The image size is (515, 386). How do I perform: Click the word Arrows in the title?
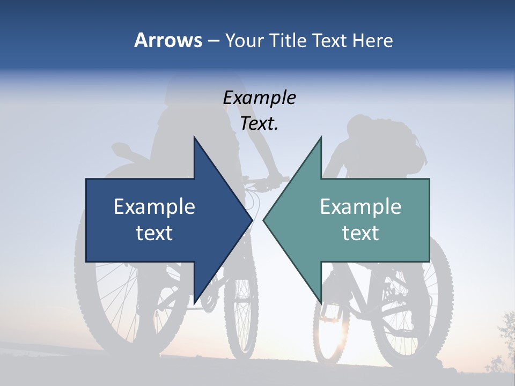tap(168, 40)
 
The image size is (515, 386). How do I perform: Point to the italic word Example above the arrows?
tap(259, 98)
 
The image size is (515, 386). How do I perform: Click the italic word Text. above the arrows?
tap(259, 124)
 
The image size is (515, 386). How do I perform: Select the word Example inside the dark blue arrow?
tap(154, 206)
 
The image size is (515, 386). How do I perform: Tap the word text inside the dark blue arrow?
tap(154, 233)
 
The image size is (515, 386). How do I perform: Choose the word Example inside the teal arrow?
tap(360, 206)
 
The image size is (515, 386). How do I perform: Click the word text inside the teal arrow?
tap(360, 233)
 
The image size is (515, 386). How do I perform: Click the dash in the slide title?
tap(212, 41)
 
